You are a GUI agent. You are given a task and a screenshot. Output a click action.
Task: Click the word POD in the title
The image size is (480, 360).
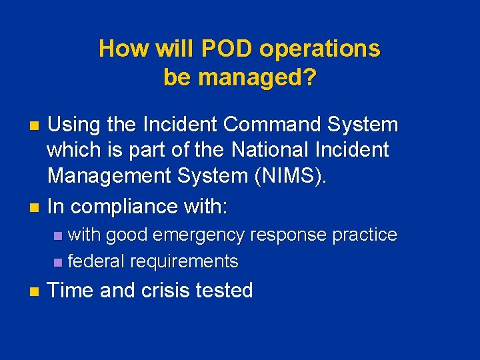[x=226, y=49]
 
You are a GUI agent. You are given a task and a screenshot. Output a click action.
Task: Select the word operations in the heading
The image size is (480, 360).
[x=319, y=49]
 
